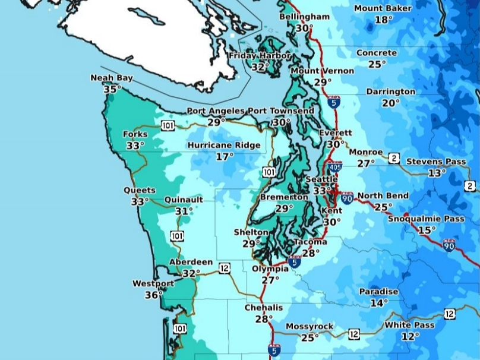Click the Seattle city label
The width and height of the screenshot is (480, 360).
click(x=322, y=179)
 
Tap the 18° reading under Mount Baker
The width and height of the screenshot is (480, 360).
click(x=384, y=20)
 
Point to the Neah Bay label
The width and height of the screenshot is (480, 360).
click(x=112, y=78)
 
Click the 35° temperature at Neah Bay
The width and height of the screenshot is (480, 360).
click(x=112, y=89)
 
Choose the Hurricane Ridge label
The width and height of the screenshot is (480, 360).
click(x=224, y=146)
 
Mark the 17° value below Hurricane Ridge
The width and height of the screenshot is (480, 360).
click(x=225, y=157)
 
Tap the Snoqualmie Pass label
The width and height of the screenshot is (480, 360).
click(x=426, y=219)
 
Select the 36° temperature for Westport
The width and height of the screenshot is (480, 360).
click(x=153, y=295)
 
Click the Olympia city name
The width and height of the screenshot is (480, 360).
click(x=270, y=269)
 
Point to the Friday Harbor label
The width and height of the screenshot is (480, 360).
click(x=260, y=56)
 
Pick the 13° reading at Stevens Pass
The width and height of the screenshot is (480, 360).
click(x=437, y=173)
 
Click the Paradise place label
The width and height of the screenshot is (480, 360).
click(x=378, y=292)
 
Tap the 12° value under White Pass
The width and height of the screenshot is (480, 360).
click(x=410, y=336)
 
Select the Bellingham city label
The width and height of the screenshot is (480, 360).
click(x=304, y=17)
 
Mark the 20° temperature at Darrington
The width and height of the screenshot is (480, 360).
click(x=390, y=103)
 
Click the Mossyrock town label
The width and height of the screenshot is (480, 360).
click(x=310, y=327)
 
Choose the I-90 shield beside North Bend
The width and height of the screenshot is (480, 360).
click(x=347, y=197)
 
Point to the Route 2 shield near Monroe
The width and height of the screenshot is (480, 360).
click(x=394, y=158)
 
